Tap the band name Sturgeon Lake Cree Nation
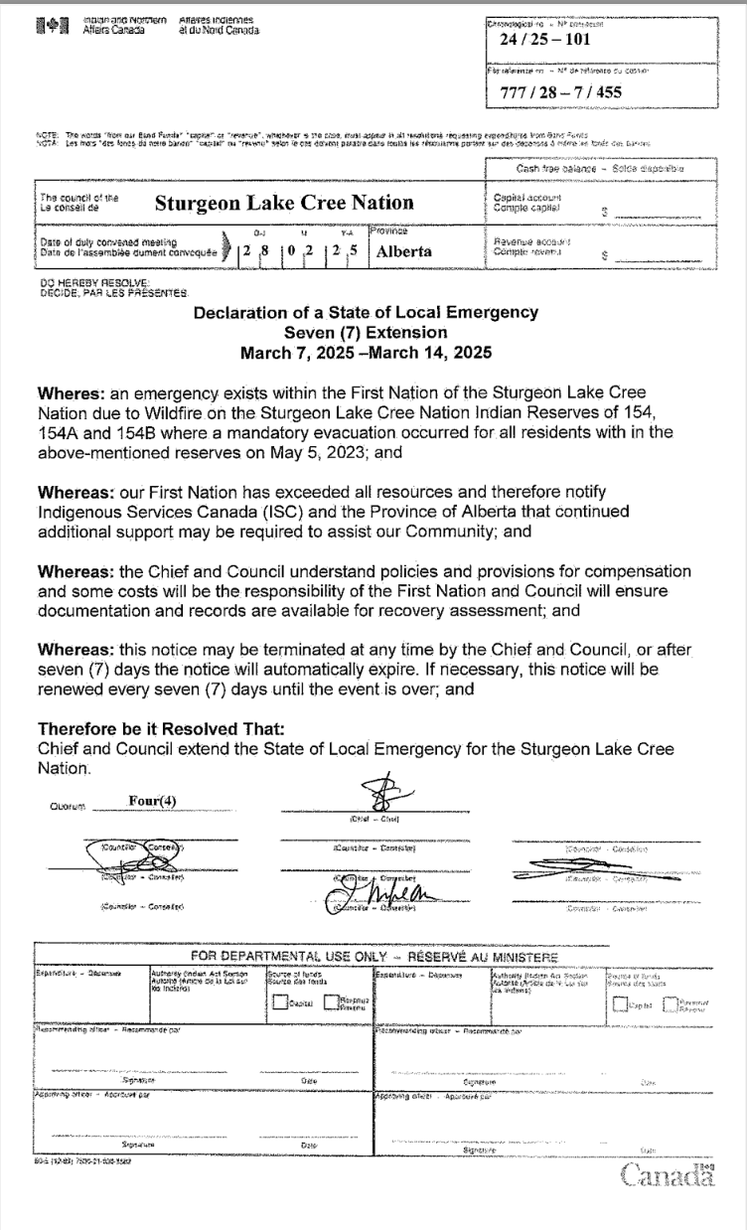284,203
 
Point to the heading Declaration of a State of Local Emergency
366,313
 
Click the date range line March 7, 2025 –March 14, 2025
366,351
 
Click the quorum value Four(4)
153,799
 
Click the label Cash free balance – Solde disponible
615,168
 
